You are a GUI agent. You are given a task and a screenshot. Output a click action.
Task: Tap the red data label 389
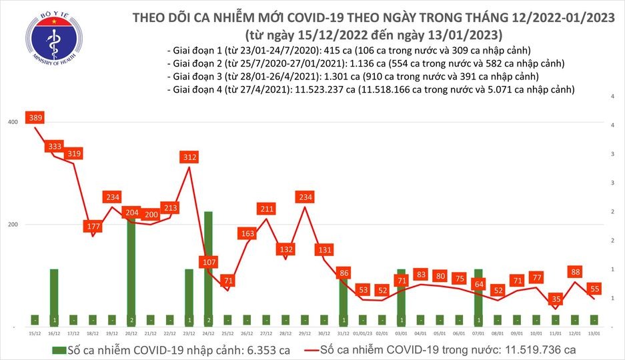[x=35, y=118]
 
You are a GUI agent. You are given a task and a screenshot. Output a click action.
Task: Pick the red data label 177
[x=93, y=227]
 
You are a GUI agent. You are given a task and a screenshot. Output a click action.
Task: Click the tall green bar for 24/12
[x=208, y=267]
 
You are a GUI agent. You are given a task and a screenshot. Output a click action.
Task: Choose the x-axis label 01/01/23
[x=363, y=333]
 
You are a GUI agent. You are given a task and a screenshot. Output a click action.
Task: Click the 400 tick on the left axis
[x=13, y=122]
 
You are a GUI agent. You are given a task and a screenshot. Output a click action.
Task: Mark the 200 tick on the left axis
[x=13, y=224]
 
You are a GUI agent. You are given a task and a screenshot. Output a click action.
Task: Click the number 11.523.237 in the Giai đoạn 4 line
[x=318, y=89]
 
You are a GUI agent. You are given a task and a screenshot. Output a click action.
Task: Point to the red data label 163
[x=247, y=234]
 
